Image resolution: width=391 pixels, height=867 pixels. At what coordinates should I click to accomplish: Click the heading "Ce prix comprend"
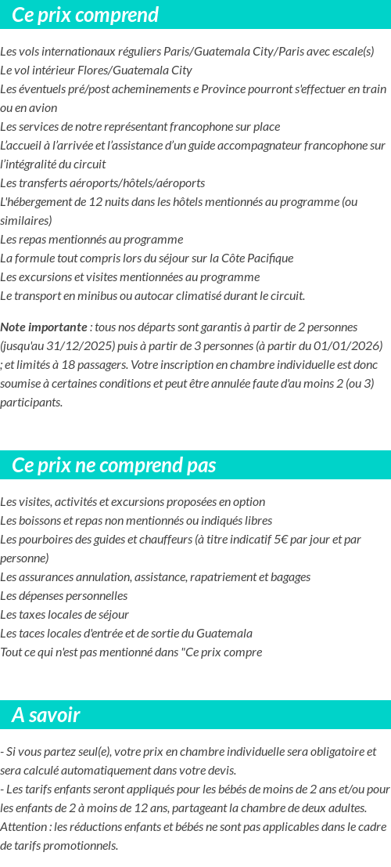tap(85, 15)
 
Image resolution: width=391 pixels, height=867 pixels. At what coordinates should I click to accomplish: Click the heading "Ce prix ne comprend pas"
tap(114, 465)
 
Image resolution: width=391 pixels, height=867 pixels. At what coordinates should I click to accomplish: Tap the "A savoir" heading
tap(46, 715)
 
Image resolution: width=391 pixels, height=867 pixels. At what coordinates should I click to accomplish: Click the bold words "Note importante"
tap(44, 327)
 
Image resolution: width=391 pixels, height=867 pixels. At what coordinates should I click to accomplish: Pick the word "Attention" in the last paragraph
tap(23, 827)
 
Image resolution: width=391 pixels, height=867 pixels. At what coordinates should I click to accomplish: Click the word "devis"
tap(221, 771)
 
